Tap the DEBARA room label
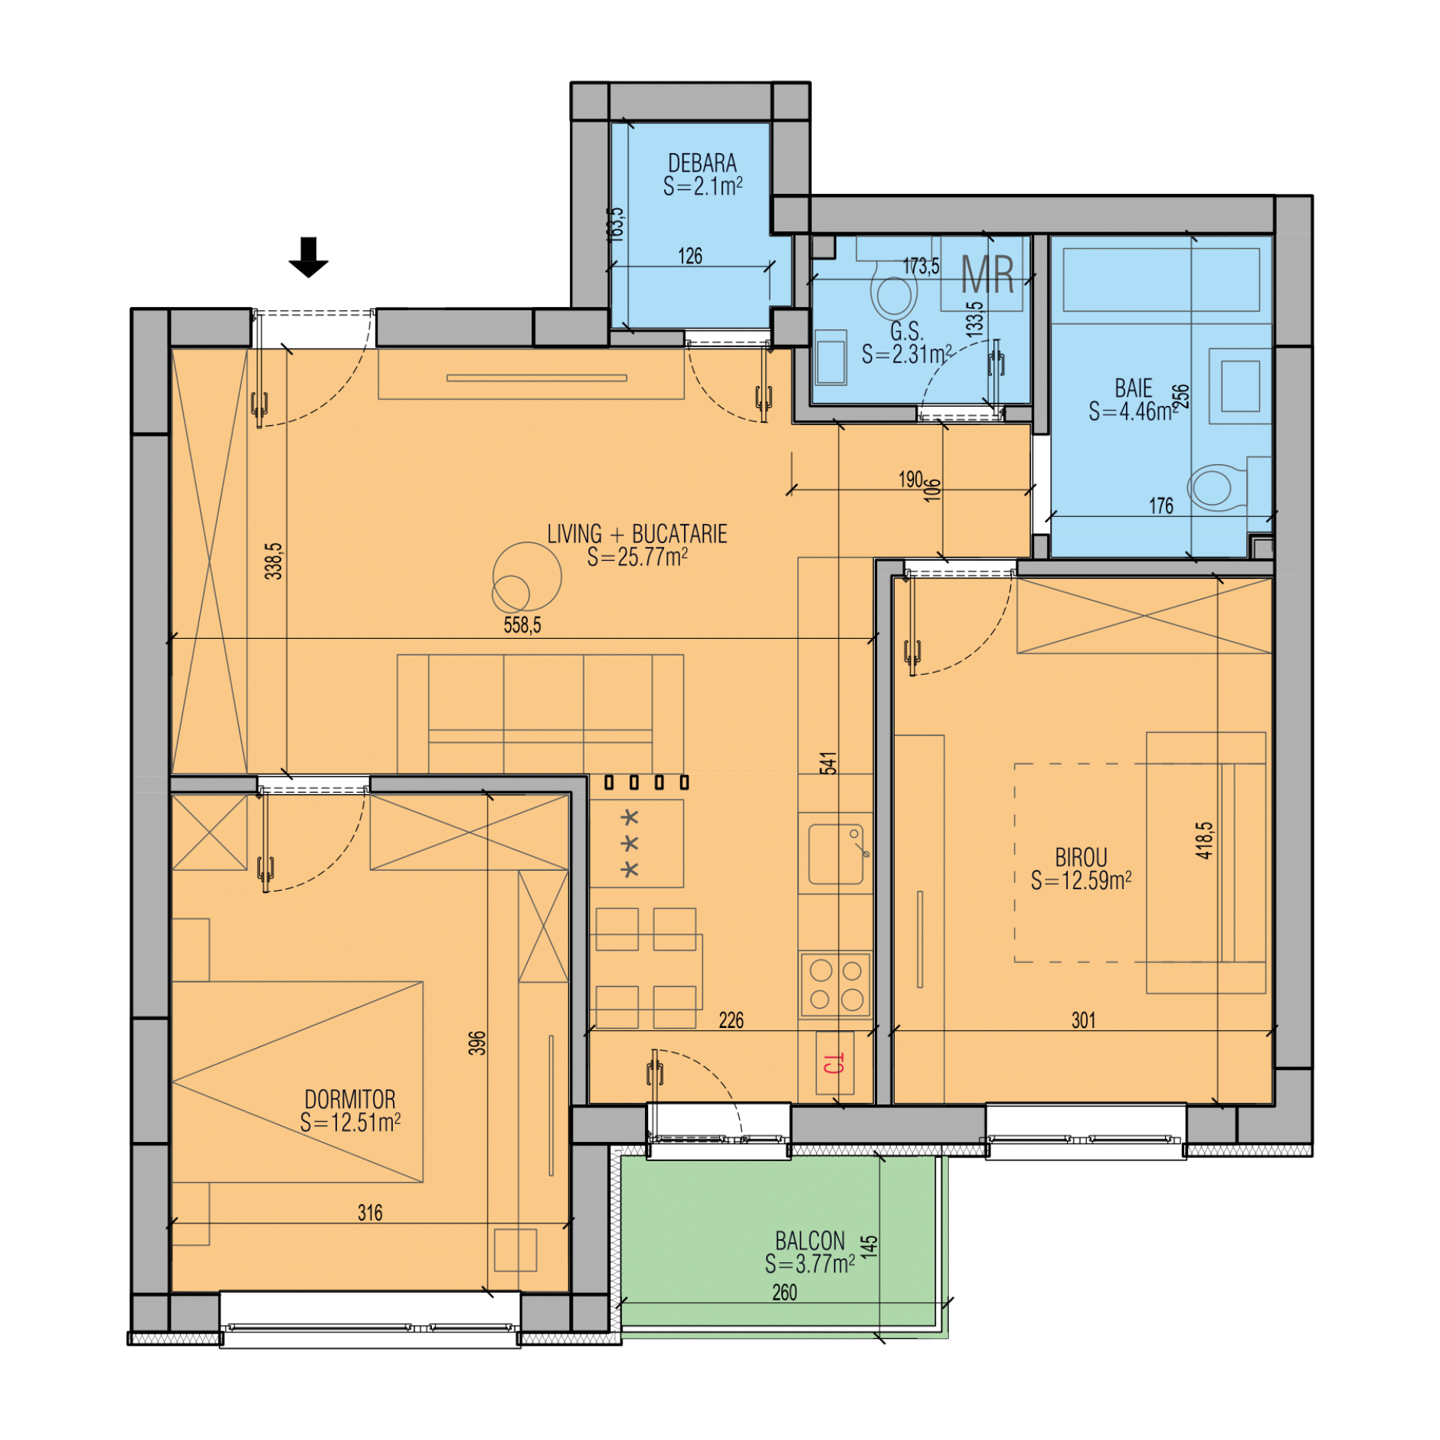coord(702,163)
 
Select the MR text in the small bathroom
coord(987,274)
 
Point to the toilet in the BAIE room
coord(1218,486)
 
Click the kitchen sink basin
coord(836,853)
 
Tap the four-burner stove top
coord(835,985)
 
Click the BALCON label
coord(810,1240)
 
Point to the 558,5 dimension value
coord(522,625)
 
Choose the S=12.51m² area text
coord(350,1123)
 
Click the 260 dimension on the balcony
coord(784,1292)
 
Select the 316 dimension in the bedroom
coord(370,1213)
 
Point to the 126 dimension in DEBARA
coord(690,256)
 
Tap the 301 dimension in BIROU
coord(1083,1020)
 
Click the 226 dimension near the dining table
coord(731,1020)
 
